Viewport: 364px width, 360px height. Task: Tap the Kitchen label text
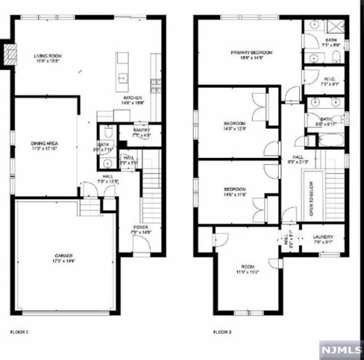(x=132, y=97)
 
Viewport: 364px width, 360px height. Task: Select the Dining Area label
(x=44, y=144)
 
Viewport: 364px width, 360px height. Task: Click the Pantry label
(x=141, y=130)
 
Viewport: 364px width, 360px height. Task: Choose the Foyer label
(x=138, y=228)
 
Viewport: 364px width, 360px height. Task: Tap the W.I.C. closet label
(x=330, y=79)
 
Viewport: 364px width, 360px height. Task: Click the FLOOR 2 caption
(x=20, y=331)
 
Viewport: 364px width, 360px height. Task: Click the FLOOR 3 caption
(x=222, y=331)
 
